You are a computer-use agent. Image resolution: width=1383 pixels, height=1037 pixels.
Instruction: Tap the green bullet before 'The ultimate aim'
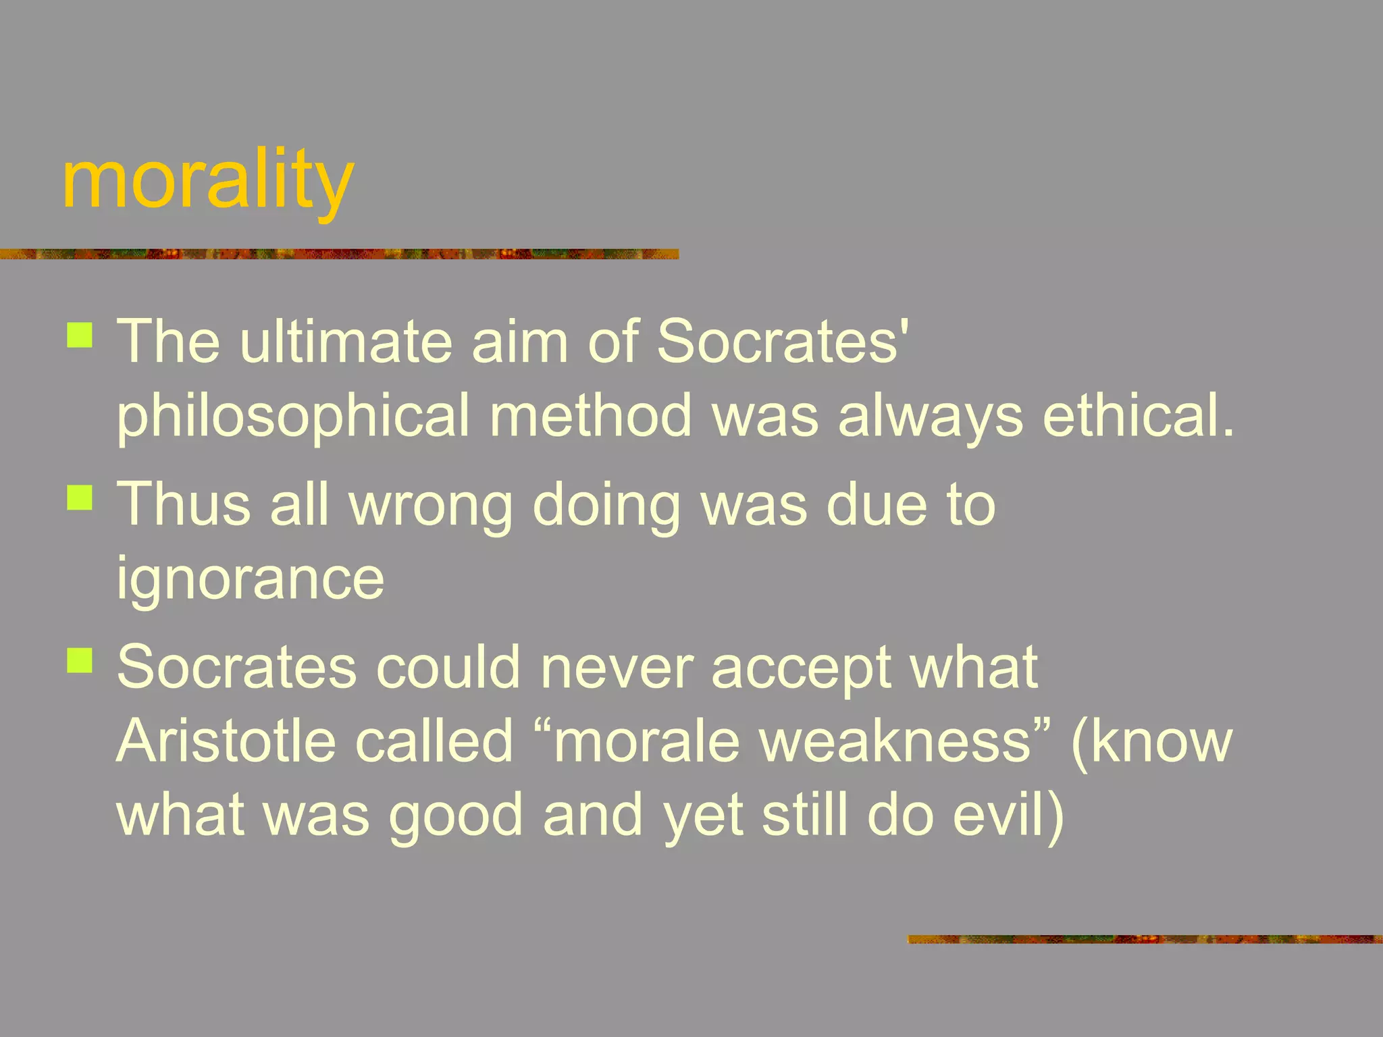click(80, 335)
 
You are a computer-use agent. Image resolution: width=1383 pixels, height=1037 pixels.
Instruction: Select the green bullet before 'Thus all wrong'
click(80, 498)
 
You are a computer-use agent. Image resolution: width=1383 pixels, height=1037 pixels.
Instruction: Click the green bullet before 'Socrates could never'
click(80, 660)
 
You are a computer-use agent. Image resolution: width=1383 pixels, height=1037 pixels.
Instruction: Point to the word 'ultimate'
click(345, 341)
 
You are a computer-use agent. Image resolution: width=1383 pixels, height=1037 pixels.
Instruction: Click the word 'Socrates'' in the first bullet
click(783, 341)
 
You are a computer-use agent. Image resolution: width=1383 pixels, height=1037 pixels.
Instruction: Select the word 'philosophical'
click(292, 417)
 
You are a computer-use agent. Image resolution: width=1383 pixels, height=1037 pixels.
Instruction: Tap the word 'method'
click(591, 415)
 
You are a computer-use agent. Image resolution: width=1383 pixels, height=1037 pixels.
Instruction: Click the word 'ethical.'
click(1139, 415)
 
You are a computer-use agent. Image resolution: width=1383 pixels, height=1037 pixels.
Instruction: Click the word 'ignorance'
click(251, 579)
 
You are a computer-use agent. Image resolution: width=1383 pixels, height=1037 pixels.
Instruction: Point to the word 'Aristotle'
click(226, 741)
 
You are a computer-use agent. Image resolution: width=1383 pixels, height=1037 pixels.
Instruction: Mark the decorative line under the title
click(339, 255)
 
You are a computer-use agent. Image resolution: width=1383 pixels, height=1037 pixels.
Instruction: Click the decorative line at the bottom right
click(1144, 939)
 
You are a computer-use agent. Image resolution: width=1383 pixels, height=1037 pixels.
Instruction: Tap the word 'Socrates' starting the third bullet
click(236, 667)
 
